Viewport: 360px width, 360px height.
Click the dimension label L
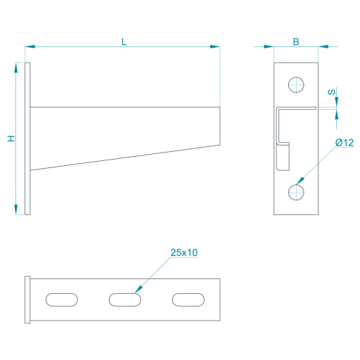point(124,42)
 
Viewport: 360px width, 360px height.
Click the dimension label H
point(11,139)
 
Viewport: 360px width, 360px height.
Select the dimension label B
point(296,41)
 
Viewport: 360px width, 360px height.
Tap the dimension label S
point(331,92)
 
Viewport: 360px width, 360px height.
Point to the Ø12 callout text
point(345,143)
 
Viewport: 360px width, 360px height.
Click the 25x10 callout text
point(184,252)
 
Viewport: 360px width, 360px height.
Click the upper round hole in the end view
point(296,84)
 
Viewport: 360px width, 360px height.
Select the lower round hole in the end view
point(296,192)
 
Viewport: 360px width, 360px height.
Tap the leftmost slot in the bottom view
point(62,300)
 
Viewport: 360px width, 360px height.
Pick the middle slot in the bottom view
point(125,300)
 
